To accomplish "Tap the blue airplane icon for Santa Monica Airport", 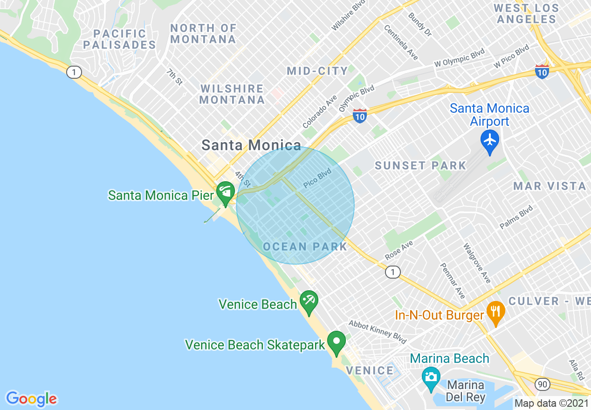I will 490,141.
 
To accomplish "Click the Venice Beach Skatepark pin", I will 336,342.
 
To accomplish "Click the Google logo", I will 31,399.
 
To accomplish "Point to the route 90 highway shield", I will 542,384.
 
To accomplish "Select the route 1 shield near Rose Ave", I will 392,272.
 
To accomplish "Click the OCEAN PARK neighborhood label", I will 305,246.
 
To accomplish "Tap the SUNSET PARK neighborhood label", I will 420,165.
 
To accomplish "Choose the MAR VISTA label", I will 550,186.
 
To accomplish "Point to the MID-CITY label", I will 317,71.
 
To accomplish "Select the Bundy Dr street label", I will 420,24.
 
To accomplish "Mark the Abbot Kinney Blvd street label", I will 378,331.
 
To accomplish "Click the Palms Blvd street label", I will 516,217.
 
